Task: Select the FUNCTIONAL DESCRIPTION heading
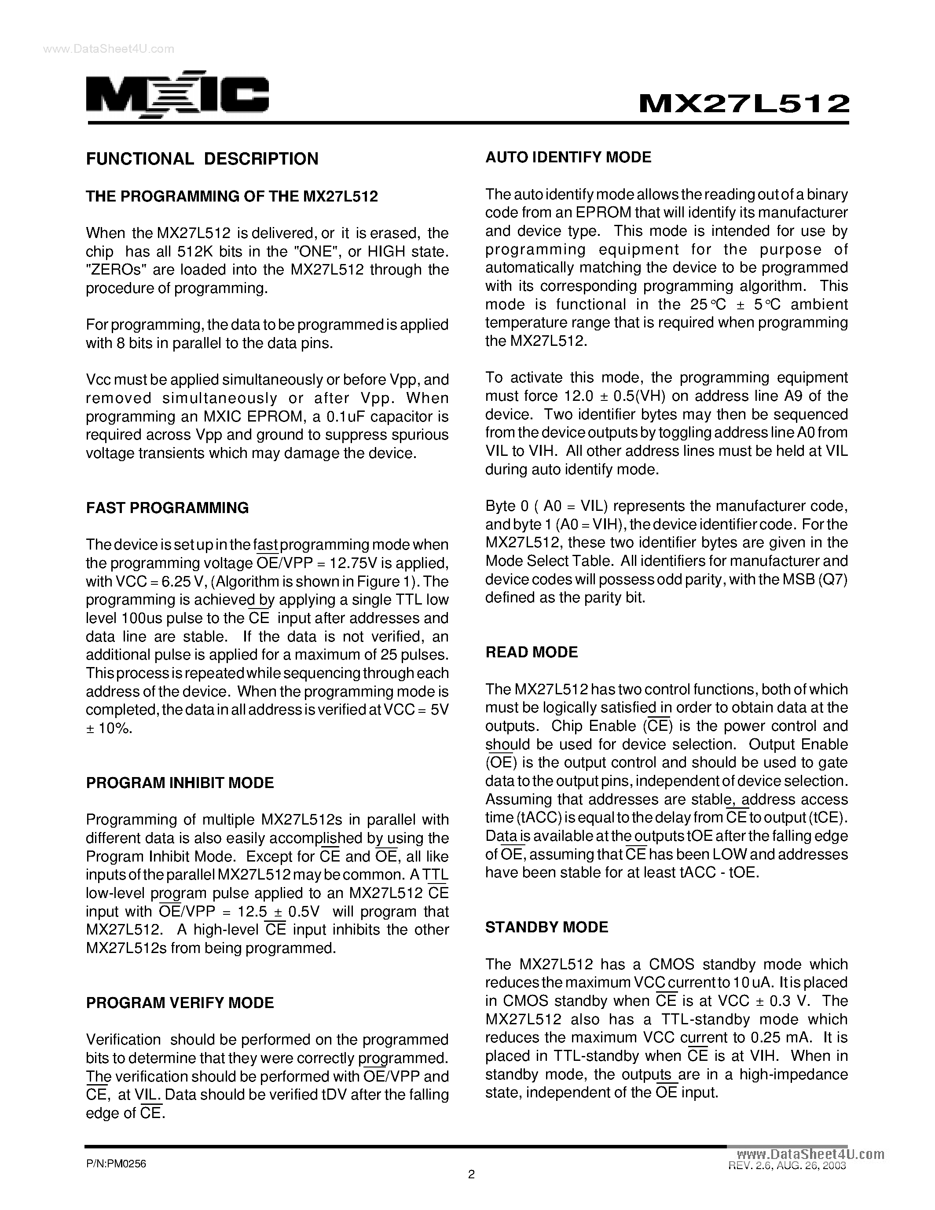(202, 159)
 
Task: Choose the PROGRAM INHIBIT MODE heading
(180, 783)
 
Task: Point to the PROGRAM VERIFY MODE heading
(180, 1003)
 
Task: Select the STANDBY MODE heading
(547, 928)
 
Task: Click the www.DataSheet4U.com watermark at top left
(109, 49)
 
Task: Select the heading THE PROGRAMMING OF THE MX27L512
(231, 197)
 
